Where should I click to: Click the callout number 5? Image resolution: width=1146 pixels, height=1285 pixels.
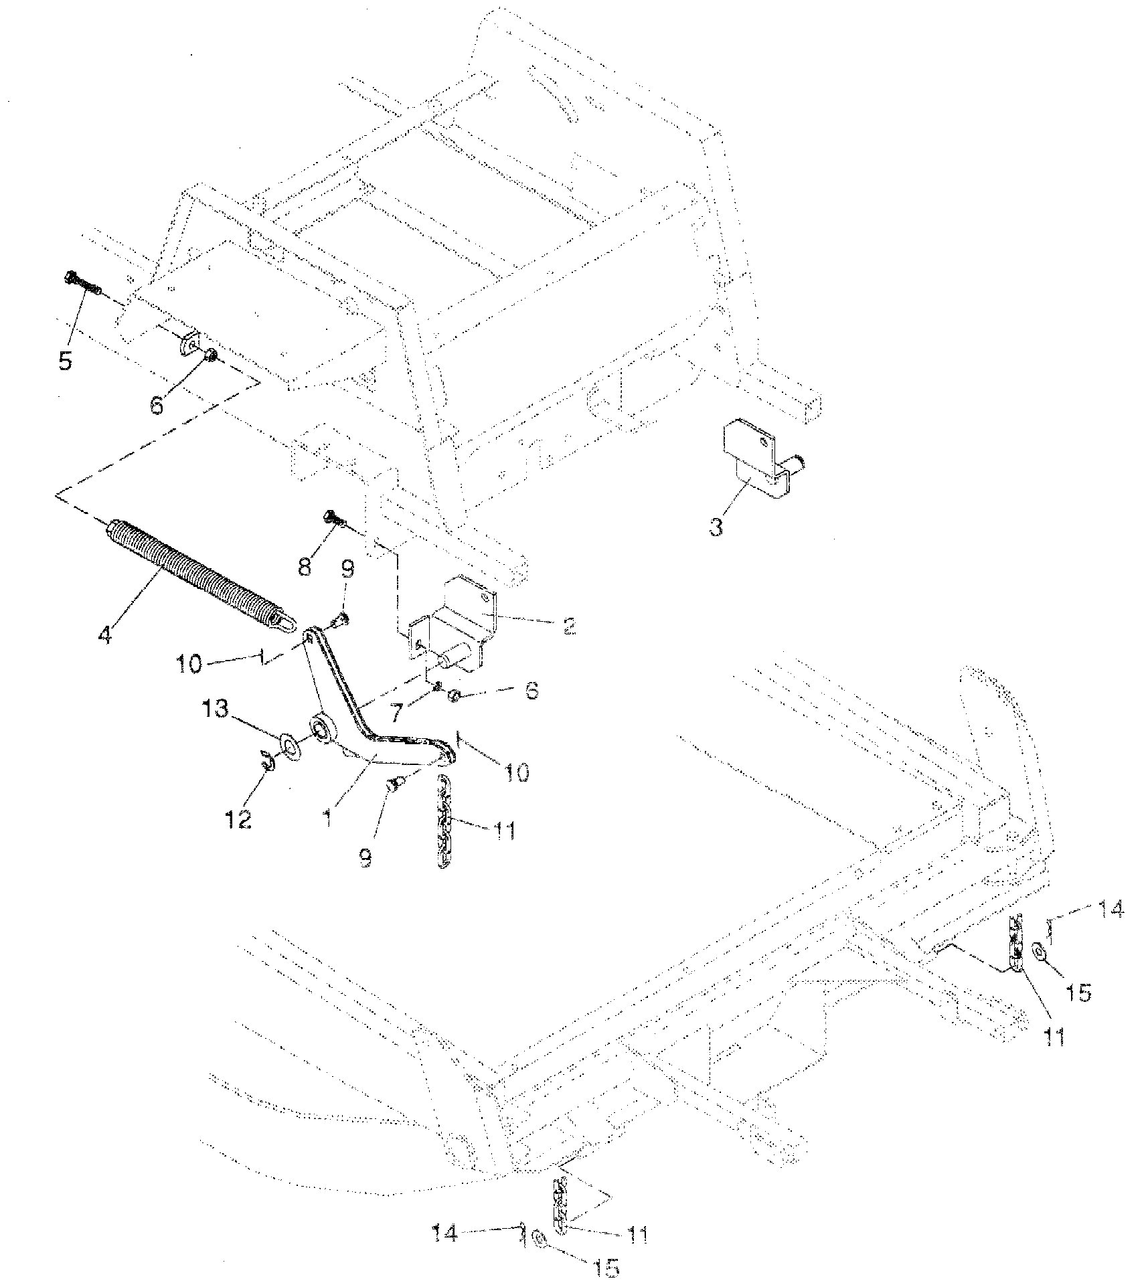click(65, 361)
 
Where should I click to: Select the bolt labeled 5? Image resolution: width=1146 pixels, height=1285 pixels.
click(83, 284)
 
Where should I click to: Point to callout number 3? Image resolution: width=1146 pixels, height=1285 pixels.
click(716, 526)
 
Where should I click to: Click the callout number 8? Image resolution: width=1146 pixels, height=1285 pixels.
click(305, 568)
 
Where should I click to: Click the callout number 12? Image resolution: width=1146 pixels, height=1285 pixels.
click(239, 817)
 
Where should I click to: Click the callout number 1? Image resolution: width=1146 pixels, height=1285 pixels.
click(328, 819)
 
